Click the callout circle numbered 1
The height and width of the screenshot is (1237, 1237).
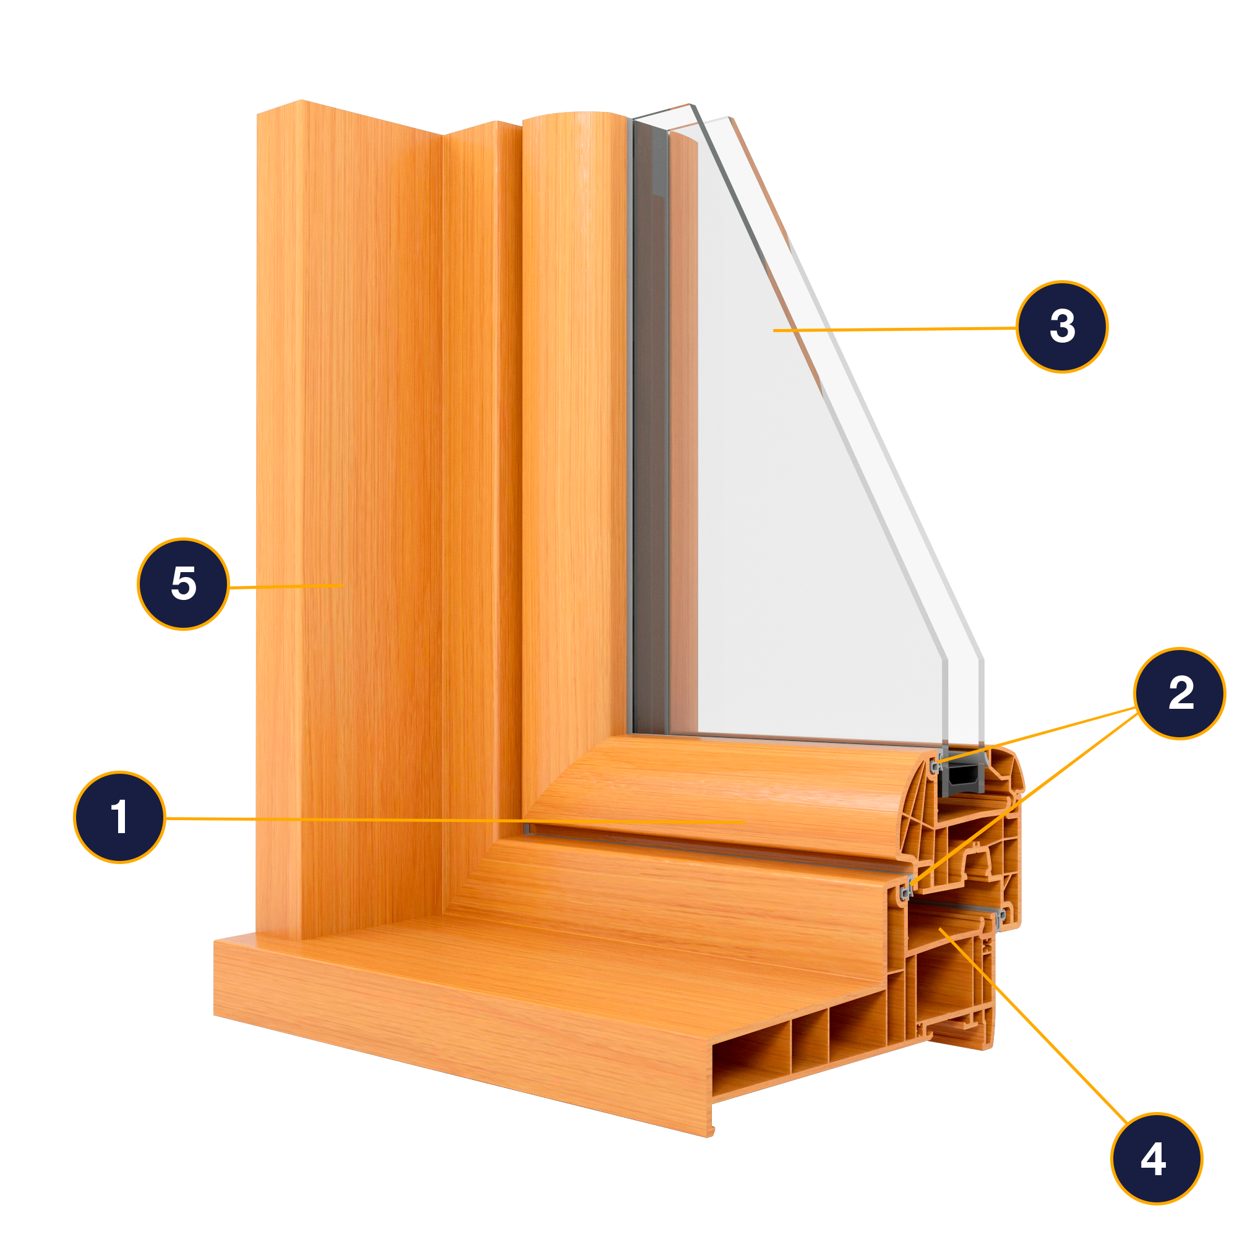pos(120,818)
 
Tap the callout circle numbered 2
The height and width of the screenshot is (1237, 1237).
pos(1180,693)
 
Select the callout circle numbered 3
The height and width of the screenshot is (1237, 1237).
pos(1062,327)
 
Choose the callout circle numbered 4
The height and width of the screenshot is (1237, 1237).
pos(1157,1159)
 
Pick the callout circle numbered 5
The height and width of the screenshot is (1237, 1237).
pos(183,584)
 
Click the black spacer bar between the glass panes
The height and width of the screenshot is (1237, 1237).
pos(964,779)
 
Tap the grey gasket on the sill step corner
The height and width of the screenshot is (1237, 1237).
pos(905,890)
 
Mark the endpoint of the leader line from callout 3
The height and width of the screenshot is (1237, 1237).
pos(774,330)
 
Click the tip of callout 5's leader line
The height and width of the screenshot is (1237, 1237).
pos(343,585)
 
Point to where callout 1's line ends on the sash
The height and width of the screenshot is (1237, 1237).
pos(744,822)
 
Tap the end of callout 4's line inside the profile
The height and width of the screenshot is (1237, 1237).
pos(940,928)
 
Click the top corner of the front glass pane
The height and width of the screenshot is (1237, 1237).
pos(729,117)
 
